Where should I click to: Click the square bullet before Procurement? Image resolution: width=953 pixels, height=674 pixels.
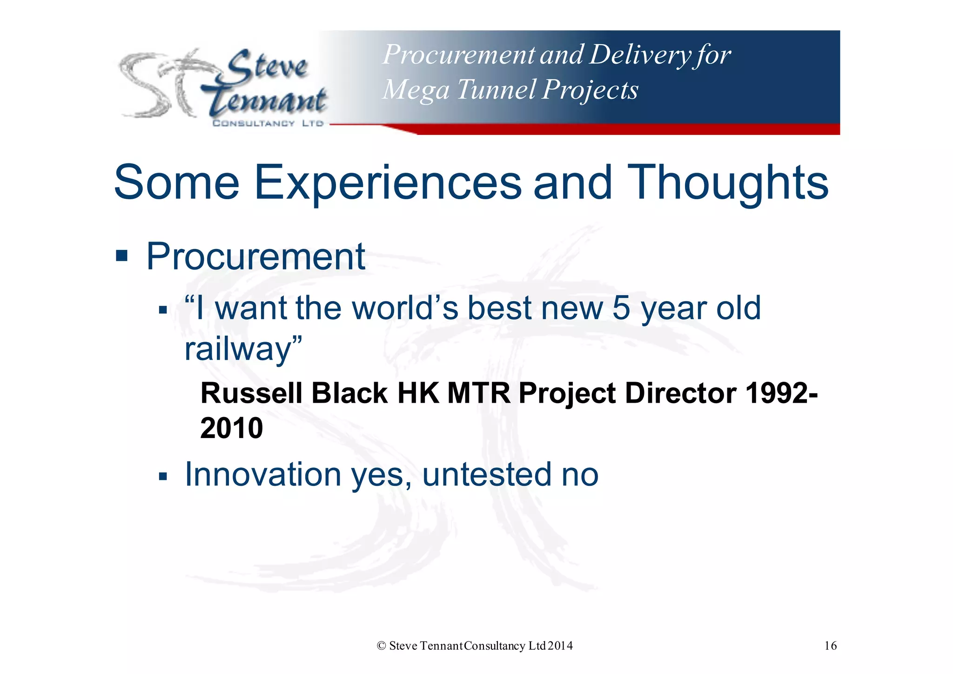tap(121, 256)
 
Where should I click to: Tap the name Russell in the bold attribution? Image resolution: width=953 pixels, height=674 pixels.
tap(251, 393)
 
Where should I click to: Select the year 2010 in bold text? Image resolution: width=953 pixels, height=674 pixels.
tap(231, 428)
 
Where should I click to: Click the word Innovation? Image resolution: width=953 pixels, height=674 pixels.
tap(263, 474)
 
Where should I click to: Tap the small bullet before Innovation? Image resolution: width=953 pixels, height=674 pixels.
tap(162, 476)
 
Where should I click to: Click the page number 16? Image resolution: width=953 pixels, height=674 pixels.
tap(830, 646)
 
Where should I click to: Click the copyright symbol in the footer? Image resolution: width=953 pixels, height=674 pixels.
tap(381, 646)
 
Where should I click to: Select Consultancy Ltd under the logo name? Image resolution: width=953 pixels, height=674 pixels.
tap(268, 123)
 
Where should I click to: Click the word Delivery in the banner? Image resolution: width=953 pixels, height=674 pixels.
tap(640, 55)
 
